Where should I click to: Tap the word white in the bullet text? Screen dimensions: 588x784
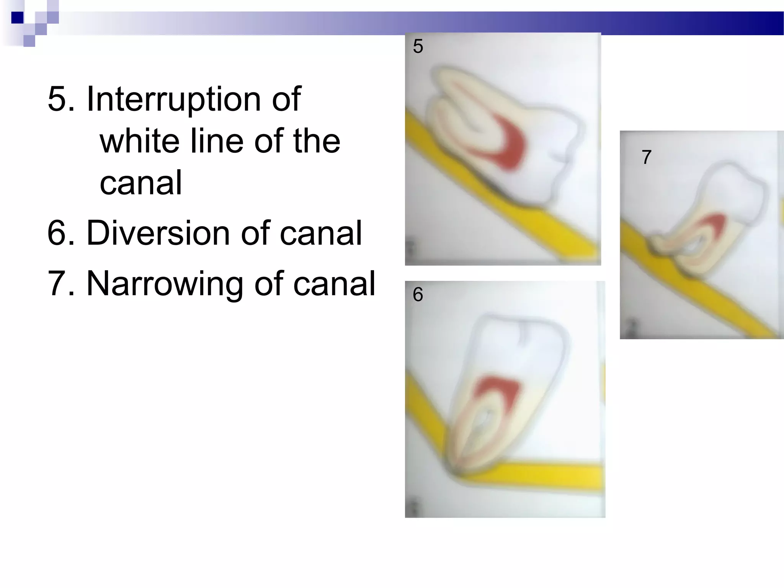[x=139, y=141]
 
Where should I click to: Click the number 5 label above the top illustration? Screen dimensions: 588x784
[x=418, y=46]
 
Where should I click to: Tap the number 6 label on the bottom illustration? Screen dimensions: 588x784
[x=418, y=294]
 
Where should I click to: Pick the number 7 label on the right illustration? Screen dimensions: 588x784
[x=647, y=157]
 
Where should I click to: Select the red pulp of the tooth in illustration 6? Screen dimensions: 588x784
[x=498, y=394]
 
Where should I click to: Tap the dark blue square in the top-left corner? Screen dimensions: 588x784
[x=17, y=18]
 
